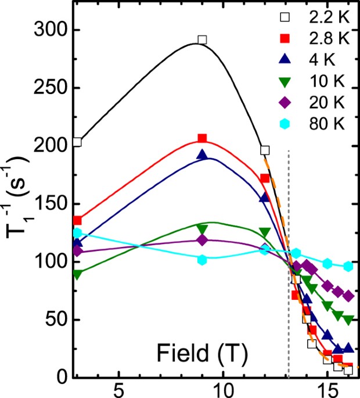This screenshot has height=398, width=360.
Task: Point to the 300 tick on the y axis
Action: [50, 30]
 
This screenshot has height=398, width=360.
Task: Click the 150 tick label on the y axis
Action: [50, 204]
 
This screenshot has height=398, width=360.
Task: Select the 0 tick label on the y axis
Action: [61, 378]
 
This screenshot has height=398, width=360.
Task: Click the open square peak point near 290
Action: [202, 40]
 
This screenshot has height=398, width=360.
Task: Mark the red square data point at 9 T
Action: [202, 138]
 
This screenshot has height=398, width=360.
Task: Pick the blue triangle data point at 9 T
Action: [202, 155]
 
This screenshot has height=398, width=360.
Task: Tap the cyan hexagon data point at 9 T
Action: [202, 260]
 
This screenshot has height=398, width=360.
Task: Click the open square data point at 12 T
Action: [265, 150]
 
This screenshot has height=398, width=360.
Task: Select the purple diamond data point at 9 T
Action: [202, 240]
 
